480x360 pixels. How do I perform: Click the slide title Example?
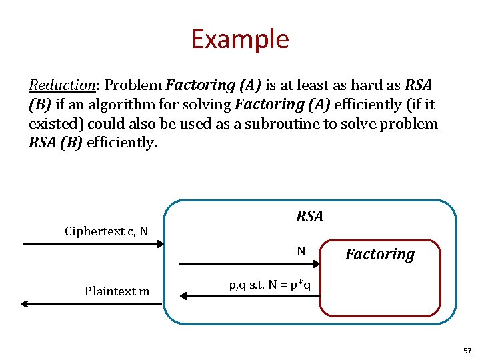tap(240, 39)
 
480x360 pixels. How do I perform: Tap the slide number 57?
tap(466, 350)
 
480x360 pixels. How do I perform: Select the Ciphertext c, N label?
tap(106, 231)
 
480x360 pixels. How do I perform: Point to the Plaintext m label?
tap(117, 291)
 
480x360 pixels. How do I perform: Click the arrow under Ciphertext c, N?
tap(93, 244)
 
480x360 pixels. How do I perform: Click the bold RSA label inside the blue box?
tap(309, 216)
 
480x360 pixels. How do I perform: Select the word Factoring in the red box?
tap(380, 254)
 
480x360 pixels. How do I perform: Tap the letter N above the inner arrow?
tap(301, 251)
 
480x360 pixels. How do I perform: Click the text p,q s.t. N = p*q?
tap(274, 285)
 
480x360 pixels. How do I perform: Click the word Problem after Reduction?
tap(133, 85)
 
